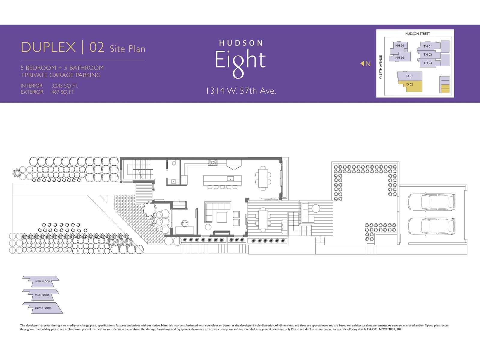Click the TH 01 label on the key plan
(427, 46)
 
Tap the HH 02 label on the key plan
(400, 58)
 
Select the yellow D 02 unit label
(409, 84)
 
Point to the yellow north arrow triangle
(362, 63)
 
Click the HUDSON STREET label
(418, 34)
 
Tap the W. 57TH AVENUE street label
(380, 67)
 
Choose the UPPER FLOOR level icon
(41, 281)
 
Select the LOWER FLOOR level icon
(43, 308)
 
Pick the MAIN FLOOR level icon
(41, 295)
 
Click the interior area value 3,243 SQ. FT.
(65, 86)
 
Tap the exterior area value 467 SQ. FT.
(63, 92)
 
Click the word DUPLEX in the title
(48, 47)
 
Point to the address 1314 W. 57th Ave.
(241, 91)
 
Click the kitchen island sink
(230, 178)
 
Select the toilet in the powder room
(174, 163)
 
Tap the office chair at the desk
(185, 223)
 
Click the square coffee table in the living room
(222, 217)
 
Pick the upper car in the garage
(431, 202)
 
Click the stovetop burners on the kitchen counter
(213, 162)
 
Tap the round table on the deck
(316, 208)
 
